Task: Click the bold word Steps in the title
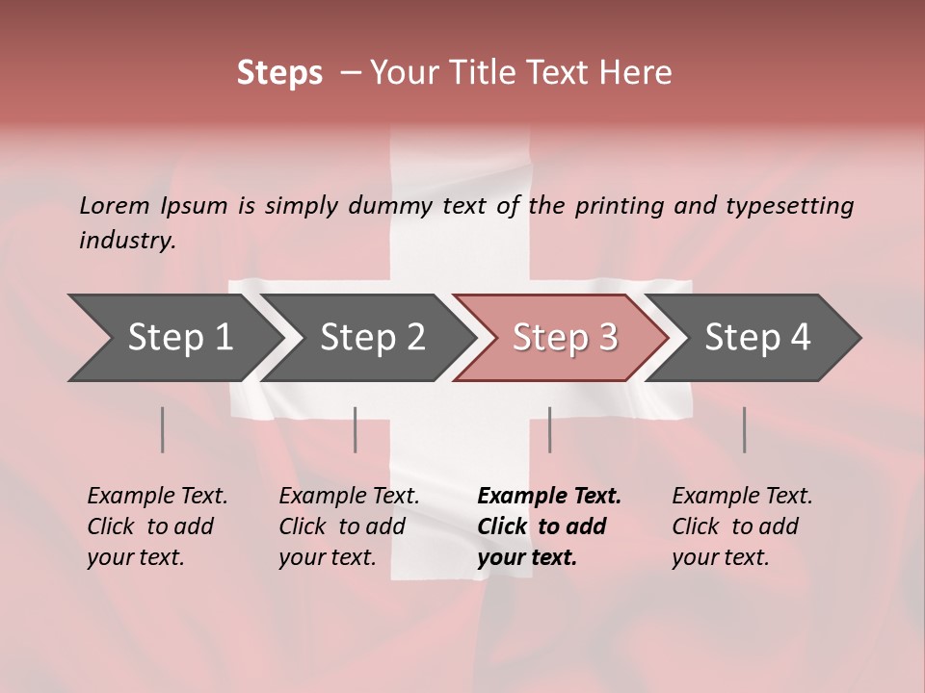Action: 279,73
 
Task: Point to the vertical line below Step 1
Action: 163,429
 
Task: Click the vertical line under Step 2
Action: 356,429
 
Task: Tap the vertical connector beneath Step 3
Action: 550,429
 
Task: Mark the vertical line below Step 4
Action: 745,429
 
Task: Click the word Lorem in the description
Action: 113,206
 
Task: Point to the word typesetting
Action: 789,206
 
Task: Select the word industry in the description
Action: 126,241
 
